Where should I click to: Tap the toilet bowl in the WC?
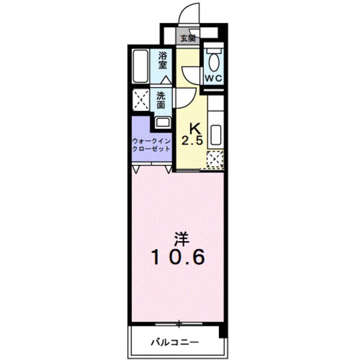[x=212, y=59]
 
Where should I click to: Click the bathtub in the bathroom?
[x=142, y=67]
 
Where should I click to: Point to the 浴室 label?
[x=163, y=62]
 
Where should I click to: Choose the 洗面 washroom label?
[x=161, y=100]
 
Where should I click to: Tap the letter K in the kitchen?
[x=195, y=128]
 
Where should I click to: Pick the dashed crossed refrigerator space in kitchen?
[x=215, y=159]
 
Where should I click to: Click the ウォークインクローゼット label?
[x=152, y=145]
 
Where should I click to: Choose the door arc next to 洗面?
[x=182, y=96]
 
